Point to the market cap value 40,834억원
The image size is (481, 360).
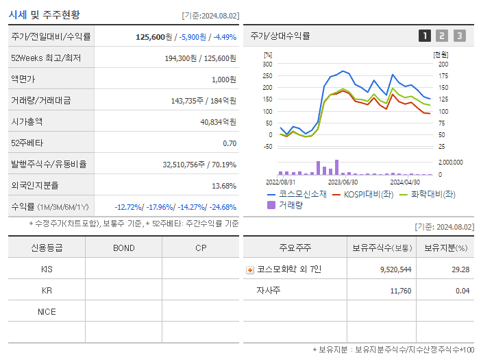coord(218,122)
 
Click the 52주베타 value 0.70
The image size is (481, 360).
coord(230,143)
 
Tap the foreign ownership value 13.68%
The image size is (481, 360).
coord(224,186)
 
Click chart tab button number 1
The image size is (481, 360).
coord(425,36)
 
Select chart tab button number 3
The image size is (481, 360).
coord(459,36)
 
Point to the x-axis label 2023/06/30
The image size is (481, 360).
coord(343,182)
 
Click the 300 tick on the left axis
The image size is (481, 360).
coord(267,64)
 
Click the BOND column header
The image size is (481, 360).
coord(123,248)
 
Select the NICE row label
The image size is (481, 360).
coord(47,312)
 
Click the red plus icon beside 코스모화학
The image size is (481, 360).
coord(250,269)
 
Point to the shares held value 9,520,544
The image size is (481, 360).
coord(395,269)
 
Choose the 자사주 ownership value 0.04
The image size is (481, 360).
coord(462,291)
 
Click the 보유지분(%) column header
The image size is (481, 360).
coord(445,248)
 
